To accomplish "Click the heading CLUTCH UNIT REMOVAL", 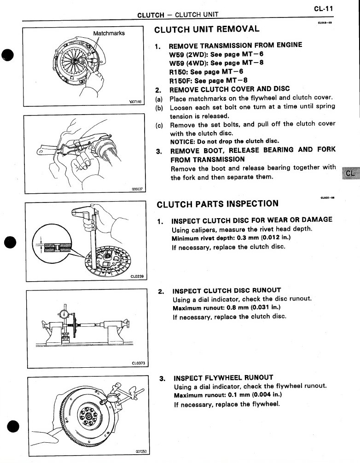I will [x=207, y=29].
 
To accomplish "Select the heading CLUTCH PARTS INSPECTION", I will [x=217, y=204].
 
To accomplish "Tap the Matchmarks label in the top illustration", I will [x=109, y=34].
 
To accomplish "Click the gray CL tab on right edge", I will [x=350, y=174].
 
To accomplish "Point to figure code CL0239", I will [x=137, y=277].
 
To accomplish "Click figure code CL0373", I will [x=137, y=363].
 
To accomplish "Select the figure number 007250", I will [x=140, y=451].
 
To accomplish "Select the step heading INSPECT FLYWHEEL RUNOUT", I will [x=223, y=377].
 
